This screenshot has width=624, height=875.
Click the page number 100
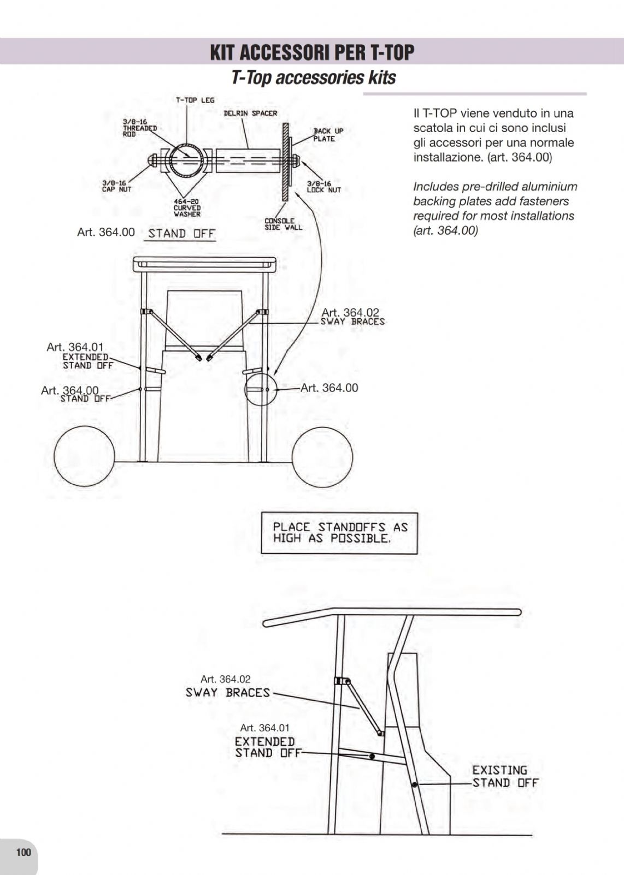pyautogui.click(x=23, y=852)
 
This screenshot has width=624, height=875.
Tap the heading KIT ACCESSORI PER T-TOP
pyautogui.click(x=312, y=52)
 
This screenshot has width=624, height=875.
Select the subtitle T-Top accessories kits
pyautogui.click(x=314, y=78)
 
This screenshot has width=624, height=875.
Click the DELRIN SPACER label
pyautogui.click(x=250, y=114)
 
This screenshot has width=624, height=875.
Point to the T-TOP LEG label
pyautogui.click(x=195, y=100)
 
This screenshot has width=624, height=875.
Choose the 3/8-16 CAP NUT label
pyautogui.click(x=116, y=186)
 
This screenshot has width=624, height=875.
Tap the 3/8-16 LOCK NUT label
pyautogui.click(x=323, y=187)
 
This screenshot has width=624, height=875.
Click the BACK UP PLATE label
pyautogui.click(x=328, y=135)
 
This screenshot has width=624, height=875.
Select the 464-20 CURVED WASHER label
pyautogui.click(x=187, y=208)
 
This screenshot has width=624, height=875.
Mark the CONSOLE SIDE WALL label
pyautogui.click(x=284, y=224)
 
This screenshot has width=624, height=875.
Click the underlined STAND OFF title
pyautogui.click(x=181, y=234)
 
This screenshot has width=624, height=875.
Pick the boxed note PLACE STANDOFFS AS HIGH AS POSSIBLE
pyautogui.click(x=339, y=533)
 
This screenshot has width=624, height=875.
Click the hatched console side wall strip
pyautogui.click(x=286, y=162)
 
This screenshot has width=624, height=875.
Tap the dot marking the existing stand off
pyautogui.click(x=414, y=784)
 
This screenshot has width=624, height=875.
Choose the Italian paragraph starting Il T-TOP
pyautogui.click(x=493, y=135)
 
